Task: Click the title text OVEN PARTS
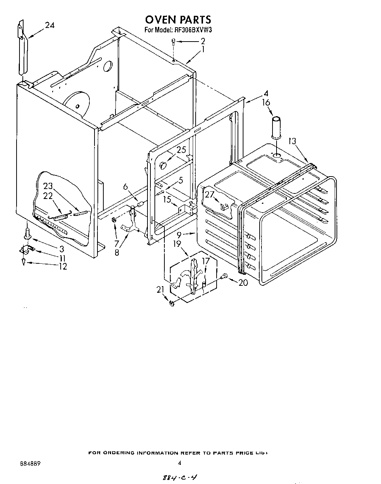(x=178, y=19)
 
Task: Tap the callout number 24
(x=50, y=25)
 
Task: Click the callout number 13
(x=292, y=140)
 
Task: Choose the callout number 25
(x=181, y=150)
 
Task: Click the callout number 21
(x=160, y=290)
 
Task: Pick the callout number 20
(x=243, y=282)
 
